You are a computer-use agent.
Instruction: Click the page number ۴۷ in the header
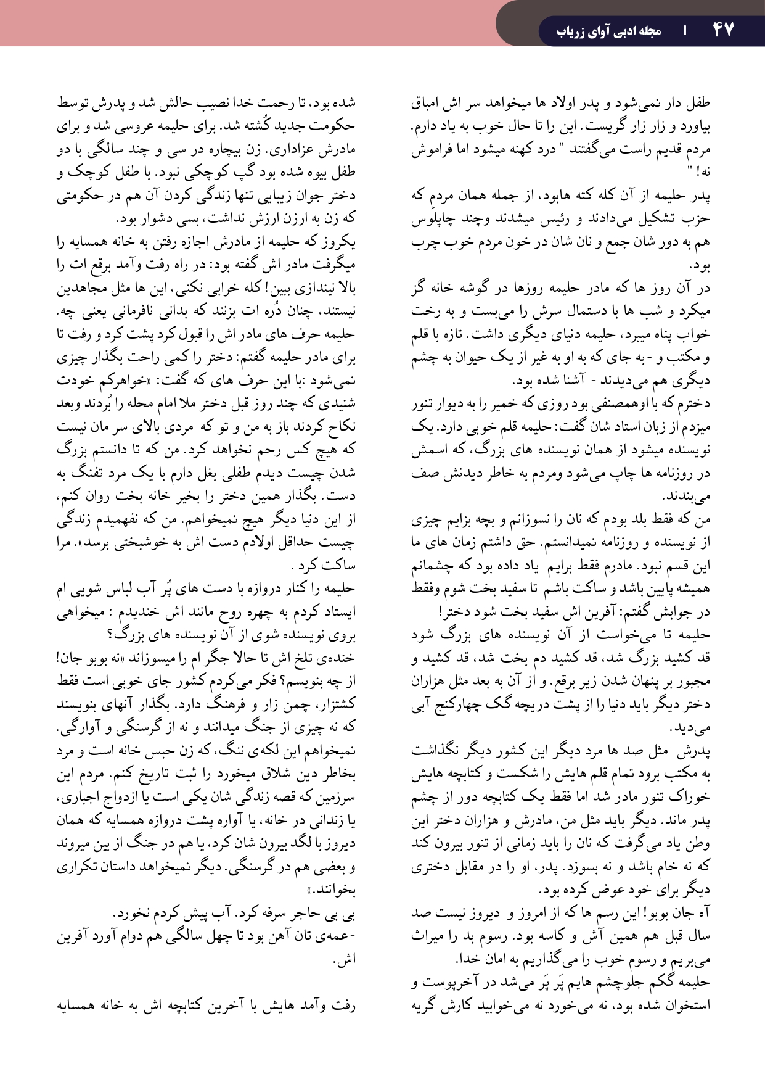coord(723,30)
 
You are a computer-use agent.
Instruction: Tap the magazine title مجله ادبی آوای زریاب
coord(608,31)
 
